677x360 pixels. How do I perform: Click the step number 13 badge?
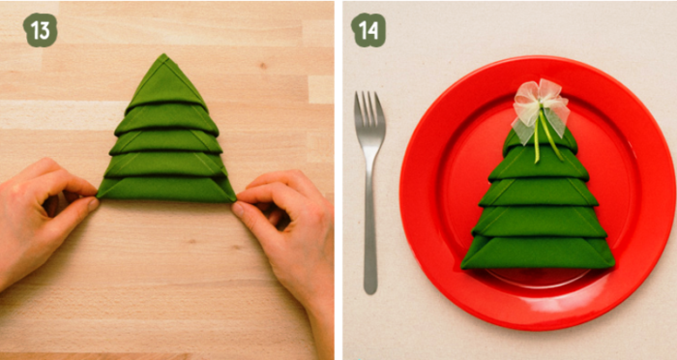coord(41,30)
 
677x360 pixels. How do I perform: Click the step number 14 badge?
coord(368,30)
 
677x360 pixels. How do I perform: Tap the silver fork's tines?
coord(369,112)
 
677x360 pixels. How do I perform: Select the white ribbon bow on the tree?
coord(540,108)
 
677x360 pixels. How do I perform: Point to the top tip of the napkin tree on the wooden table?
coord(163,54)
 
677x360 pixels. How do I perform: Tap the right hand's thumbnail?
coord(238,210)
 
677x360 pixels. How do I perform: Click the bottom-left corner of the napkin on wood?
coord(98,196)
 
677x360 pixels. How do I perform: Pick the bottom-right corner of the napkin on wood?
coord(235,200)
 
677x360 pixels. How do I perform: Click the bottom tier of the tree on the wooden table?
coord(166,190)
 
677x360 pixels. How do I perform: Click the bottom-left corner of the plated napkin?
coord(462,267)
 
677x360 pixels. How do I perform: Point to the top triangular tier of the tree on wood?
coord(165,82)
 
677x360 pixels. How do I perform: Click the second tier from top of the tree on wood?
coord(166,119)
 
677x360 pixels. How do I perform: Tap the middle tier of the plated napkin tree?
coord(539,193)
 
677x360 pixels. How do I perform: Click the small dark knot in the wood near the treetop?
coord(262,66)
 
